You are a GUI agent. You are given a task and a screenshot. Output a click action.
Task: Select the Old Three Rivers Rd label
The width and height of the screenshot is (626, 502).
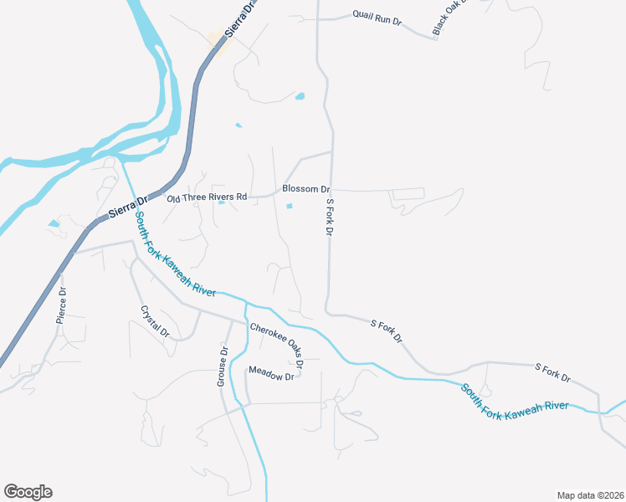(x=207, y=197)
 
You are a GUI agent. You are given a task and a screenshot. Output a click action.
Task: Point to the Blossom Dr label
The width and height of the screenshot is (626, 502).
(x=306, y=190)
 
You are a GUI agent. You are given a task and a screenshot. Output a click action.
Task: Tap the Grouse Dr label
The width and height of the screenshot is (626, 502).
(x=223, y=366)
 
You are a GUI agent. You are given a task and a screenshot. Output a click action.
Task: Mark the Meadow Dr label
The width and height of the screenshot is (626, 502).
(x=271, y=376)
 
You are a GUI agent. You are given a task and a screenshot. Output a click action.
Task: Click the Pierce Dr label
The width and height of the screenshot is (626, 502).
(x=61, y=305)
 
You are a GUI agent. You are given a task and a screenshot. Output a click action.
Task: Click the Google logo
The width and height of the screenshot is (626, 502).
(x=28, y=492)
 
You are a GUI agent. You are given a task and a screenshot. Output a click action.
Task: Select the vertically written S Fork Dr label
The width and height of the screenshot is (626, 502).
(x=330, y=216)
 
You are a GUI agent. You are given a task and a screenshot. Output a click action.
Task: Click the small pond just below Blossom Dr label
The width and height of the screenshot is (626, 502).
(x=290, y=206)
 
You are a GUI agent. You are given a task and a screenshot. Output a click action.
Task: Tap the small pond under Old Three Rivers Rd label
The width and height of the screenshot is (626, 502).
(x=221, y=202)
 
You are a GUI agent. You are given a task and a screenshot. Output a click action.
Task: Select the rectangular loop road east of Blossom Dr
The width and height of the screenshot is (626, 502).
(x=408, y=194)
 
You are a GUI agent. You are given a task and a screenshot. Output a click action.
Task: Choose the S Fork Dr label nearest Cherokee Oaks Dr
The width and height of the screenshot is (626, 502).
(x=387, y=330)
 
